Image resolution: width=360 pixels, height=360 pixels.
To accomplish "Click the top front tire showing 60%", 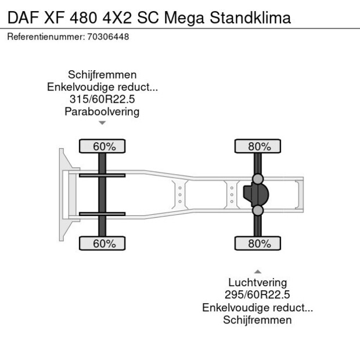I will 102,146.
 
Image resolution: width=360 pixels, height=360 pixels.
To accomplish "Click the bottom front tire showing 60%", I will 102,243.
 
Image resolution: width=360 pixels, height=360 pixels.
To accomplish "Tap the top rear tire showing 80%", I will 258,146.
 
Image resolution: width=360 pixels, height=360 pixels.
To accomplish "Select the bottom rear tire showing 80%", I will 258,243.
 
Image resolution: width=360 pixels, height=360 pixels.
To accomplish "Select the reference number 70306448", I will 109,37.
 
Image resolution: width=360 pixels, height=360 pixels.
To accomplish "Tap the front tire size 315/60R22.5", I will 102,99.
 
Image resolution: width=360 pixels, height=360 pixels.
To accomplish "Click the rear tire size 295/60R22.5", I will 257,295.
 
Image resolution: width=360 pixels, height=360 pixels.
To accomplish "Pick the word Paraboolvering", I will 102,111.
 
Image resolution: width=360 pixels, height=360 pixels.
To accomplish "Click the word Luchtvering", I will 257,282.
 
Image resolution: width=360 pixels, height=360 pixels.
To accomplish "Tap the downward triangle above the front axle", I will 102,123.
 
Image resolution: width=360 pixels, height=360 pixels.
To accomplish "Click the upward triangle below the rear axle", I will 257,271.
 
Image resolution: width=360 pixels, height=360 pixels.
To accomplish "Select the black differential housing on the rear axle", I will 253,195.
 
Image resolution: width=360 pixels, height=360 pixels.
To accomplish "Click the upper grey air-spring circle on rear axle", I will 258,178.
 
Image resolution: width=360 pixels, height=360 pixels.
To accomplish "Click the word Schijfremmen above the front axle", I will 102,74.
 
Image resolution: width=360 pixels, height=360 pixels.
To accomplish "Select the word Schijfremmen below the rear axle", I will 257,320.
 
